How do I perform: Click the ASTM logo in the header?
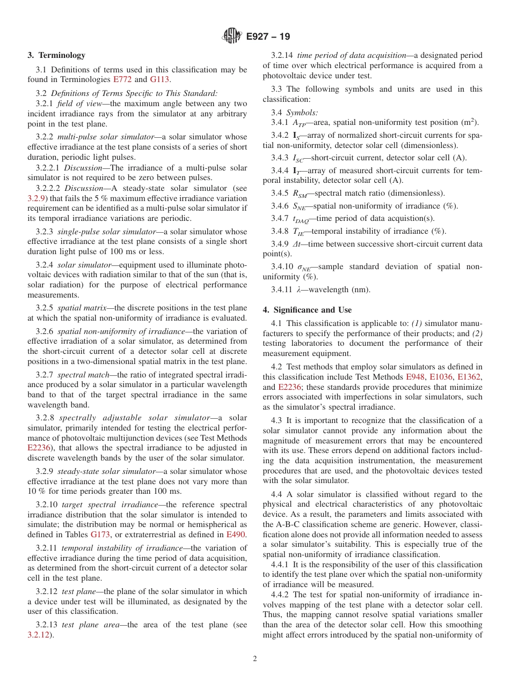pyautogui.click(x=232, y=36)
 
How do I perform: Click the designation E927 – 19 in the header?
pyautogui.click(x=267, y=36)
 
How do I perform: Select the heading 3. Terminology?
pyautogui.click(x=56, y=55)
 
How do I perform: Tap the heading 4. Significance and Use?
pyautogui.click(x=307, y=310)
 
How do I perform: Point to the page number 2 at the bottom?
pyautogui.click(x=255, y=659)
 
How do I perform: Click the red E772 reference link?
pyautogui.click(x=122, y=80)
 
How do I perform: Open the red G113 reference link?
pyautogui.click(x=160, y=80)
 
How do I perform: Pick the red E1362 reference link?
pyautogui.click(x=470, y=377)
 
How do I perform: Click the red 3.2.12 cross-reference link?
pyautogui.click(x=39, y=635)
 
